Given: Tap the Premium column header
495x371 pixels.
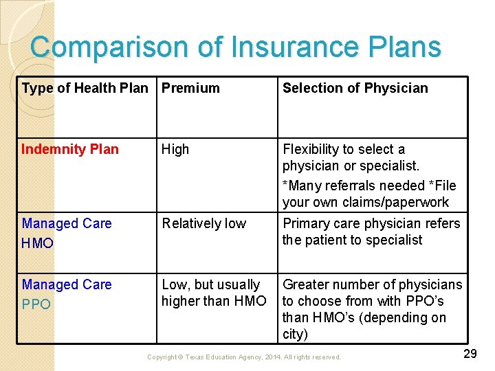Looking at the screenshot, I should (190, 88).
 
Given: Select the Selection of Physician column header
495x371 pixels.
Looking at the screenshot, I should (355, 88).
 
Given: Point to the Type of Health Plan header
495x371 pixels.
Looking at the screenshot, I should (85, 88).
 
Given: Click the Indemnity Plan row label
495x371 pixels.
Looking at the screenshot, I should (70, 149).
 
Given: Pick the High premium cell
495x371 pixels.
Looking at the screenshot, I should (175, 149).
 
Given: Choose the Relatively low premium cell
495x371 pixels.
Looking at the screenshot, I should (203, 223).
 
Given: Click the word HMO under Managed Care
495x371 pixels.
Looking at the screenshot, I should (37, 243).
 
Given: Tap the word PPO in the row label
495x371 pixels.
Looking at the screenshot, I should (36, 304).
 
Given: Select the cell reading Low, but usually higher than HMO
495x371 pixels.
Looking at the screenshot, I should (213, 293).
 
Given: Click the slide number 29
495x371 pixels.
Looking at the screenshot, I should (470, 354).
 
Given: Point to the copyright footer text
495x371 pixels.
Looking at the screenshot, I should (244, 357).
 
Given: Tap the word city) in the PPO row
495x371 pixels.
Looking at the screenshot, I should (296, 335).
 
